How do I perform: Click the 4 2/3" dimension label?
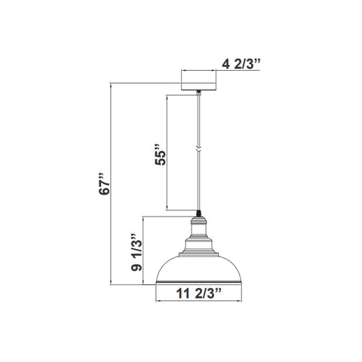[241, 64]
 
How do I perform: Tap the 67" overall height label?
[105, 184]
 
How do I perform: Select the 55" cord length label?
[161, 155]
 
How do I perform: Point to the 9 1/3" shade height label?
[137, 253]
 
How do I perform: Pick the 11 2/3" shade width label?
[198, 293]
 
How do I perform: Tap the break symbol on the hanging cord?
[198, 149]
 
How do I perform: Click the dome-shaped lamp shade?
[198, 269]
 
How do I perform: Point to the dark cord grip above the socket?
[198, 213]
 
